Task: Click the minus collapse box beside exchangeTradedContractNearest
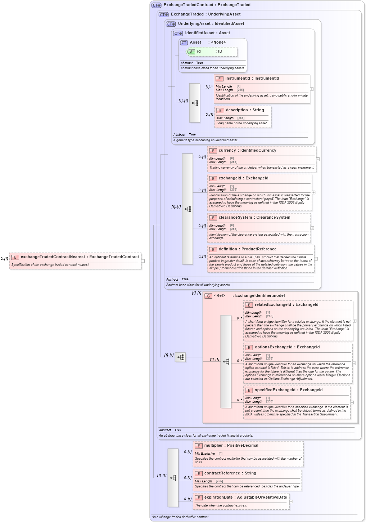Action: pos(143,261)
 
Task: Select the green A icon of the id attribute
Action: pos(191,52)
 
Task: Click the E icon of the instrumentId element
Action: pos(219,79)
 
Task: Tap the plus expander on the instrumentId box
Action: pos(312,89)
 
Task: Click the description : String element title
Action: pos(245,110)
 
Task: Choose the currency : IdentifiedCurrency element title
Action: pos(247,151)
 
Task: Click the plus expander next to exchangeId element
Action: pos(313,192)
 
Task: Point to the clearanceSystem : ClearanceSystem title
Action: pos(254,218)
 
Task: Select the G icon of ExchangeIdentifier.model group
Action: pos(208,296)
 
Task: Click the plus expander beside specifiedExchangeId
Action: pos(352,402)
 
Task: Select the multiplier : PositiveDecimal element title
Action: pos(231,446)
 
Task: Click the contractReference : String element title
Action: pos(230,473)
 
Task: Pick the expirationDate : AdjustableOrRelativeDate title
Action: pos(245,498)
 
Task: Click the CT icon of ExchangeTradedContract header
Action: pos(157,5)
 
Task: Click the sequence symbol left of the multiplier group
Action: pos(173,478)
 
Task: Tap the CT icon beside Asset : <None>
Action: pos(184,43)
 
